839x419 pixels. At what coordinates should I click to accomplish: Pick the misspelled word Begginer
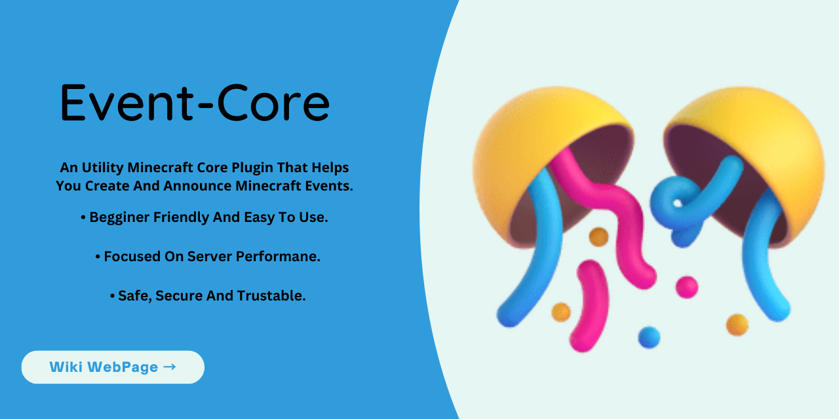coord(120,217)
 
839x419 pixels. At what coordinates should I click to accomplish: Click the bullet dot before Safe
coord(112,297)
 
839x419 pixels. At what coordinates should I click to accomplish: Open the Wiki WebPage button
coord(113,367)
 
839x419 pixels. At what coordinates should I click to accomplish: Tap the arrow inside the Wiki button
coord(169,367)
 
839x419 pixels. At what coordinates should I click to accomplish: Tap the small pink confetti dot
coord(686,287)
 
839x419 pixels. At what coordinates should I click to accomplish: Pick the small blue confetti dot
coord(649,337)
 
